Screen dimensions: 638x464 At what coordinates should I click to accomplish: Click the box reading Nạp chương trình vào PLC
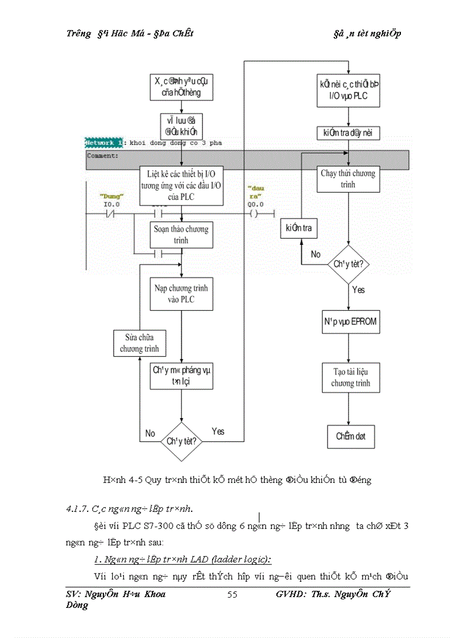(181, 294)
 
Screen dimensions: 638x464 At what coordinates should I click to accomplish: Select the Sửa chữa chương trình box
(139, 343)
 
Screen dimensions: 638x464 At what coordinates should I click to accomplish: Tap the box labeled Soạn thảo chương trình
(181, 235)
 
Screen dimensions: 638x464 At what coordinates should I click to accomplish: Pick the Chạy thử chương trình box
(348, 178)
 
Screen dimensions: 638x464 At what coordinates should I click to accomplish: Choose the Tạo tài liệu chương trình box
(350, 378)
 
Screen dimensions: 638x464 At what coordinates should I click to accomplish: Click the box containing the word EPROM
(347, 322)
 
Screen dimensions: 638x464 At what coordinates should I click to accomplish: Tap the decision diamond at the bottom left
(181, 441)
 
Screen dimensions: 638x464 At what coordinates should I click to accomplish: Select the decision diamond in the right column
(349, 264)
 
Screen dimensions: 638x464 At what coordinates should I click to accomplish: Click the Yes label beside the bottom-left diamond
(218, 431)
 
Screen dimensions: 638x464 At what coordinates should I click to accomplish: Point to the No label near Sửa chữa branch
(150, 433)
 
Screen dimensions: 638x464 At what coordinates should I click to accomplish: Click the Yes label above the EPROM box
(358, 290)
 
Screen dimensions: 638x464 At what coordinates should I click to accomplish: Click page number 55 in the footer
(232, 595)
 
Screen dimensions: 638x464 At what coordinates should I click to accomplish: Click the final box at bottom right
(351, 436)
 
